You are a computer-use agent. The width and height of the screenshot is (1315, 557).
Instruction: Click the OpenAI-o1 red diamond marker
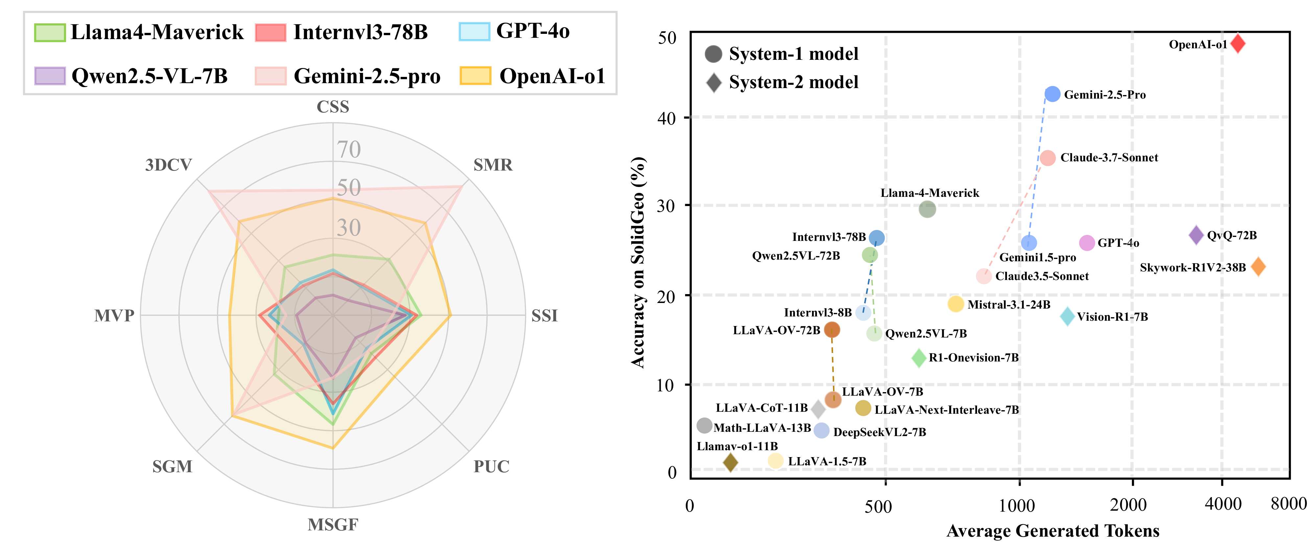1237,43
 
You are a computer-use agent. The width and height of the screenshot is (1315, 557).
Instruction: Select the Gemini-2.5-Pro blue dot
1052,94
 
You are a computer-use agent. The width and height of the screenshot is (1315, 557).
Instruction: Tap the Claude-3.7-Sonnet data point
1047,158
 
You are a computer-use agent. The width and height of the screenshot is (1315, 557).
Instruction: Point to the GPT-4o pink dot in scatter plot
1087,243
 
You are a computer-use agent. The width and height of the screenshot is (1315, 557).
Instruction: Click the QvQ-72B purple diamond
1196,235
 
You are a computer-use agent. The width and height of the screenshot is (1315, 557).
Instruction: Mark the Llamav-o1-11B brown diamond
730,462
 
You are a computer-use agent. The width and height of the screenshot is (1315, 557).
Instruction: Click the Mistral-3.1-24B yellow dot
955,304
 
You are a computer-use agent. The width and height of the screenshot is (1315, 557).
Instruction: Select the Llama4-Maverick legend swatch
50,32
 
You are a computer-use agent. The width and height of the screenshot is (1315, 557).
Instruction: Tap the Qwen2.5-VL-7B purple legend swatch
50,76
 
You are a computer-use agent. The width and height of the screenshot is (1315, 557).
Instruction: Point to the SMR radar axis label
492,165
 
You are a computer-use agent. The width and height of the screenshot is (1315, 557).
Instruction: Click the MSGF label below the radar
333,524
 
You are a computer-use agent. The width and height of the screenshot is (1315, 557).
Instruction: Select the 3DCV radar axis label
168,165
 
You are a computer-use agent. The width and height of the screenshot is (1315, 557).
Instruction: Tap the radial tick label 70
349,150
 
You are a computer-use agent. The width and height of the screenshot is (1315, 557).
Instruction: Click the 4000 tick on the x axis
1223,504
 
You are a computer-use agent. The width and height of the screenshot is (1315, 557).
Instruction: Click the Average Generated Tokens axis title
1053,531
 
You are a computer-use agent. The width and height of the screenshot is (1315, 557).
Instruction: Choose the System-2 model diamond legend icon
714,82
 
